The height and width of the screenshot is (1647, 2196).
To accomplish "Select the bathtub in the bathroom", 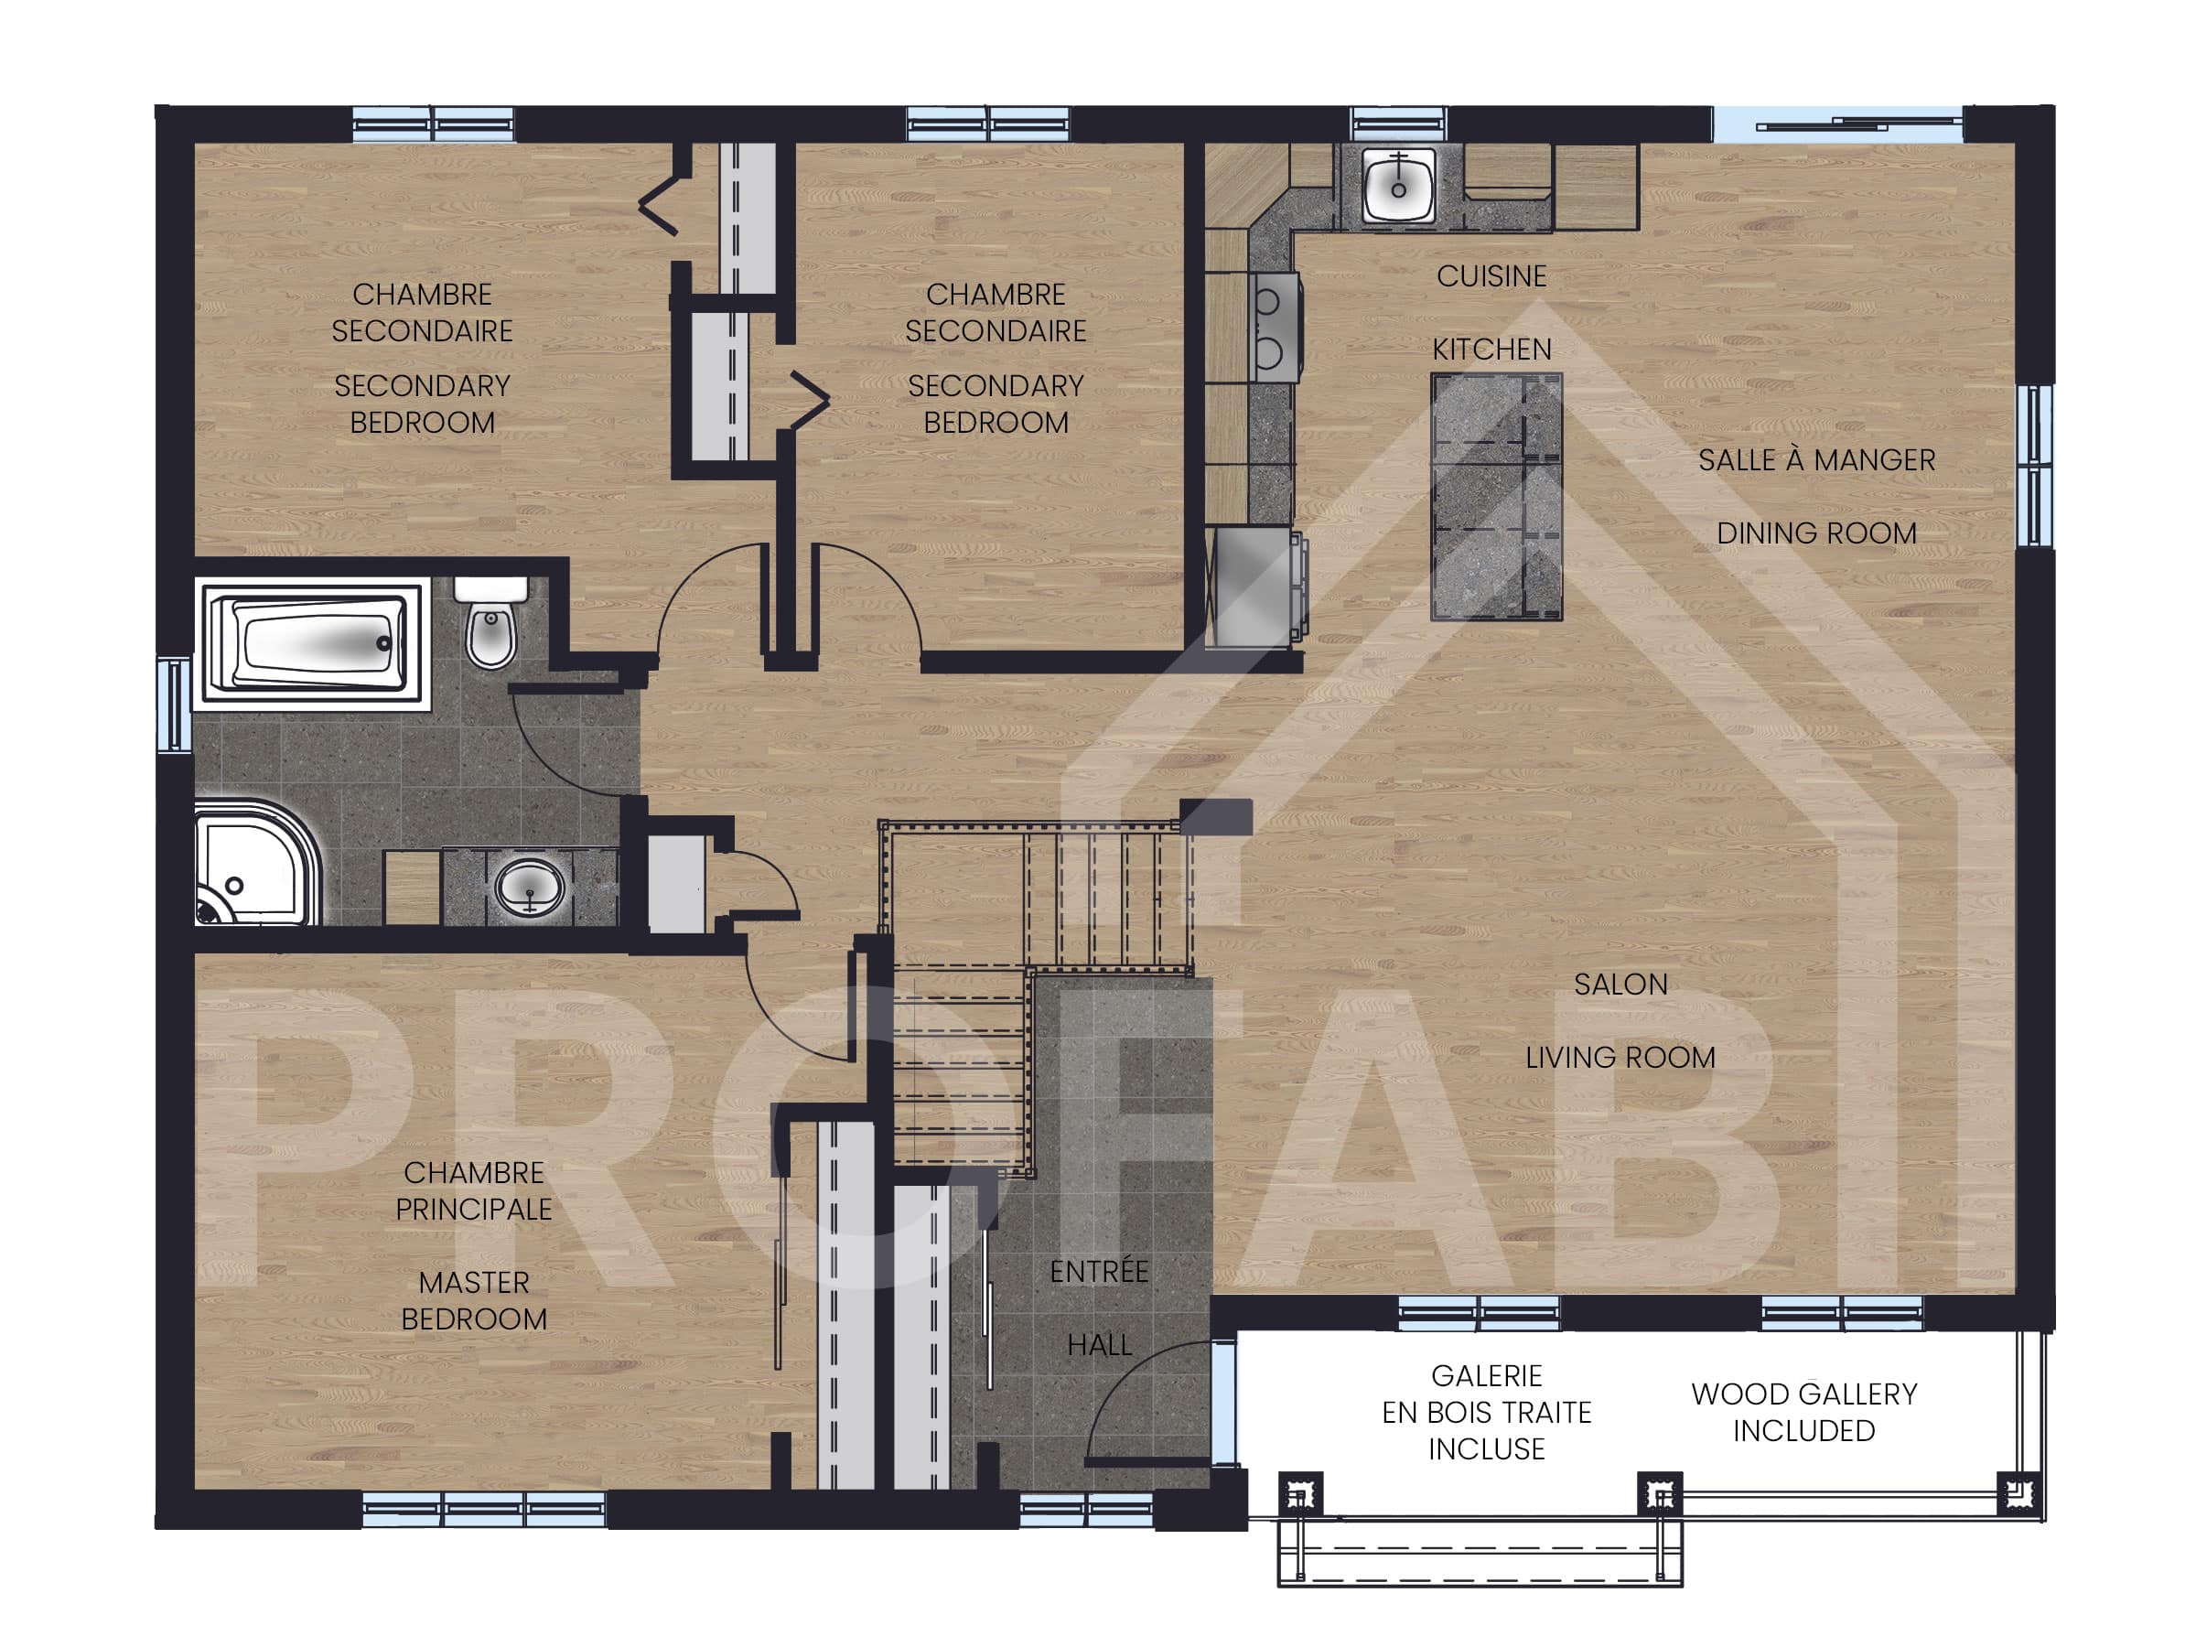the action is pyautogui.click(x=312, y=643).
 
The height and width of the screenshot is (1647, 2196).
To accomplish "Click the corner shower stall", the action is pyautogui.click(x=256, y=863).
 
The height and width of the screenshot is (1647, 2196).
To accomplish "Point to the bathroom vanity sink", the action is pyautogui.click(x=529, y=886).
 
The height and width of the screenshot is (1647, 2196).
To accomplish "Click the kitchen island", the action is pyautogui.click(x=1496, y=496).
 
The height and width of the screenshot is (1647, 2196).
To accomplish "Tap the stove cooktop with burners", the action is pyautogui.click(x=1275, y=327).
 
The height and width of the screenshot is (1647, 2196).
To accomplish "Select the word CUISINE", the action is pyautogui.click(x=1491, y=276).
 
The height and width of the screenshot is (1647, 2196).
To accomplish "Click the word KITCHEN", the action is pyautogui.click(x=1491, y=350).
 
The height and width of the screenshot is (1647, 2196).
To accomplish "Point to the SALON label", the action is pyautogui.click(x=1620, y=984).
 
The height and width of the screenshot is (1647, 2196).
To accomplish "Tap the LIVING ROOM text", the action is pyautogui.click(x=1620, y=1058).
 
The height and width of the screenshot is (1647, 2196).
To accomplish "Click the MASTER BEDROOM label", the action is pyautogui.click(x=474, y=1300).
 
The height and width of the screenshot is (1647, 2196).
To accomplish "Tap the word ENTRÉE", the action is pyautogui.click(x=1099, y=1271).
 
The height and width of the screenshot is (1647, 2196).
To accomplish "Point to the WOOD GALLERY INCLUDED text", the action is pyautogui.click(x=1803, y=1412).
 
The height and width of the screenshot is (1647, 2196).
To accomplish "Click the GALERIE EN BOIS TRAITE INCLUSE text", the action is pyautogui.click(x=1486, y=1412).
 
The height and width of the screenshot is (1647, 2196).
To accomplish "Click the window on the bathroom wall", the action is pyautogui.click(x=174, y=704).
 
